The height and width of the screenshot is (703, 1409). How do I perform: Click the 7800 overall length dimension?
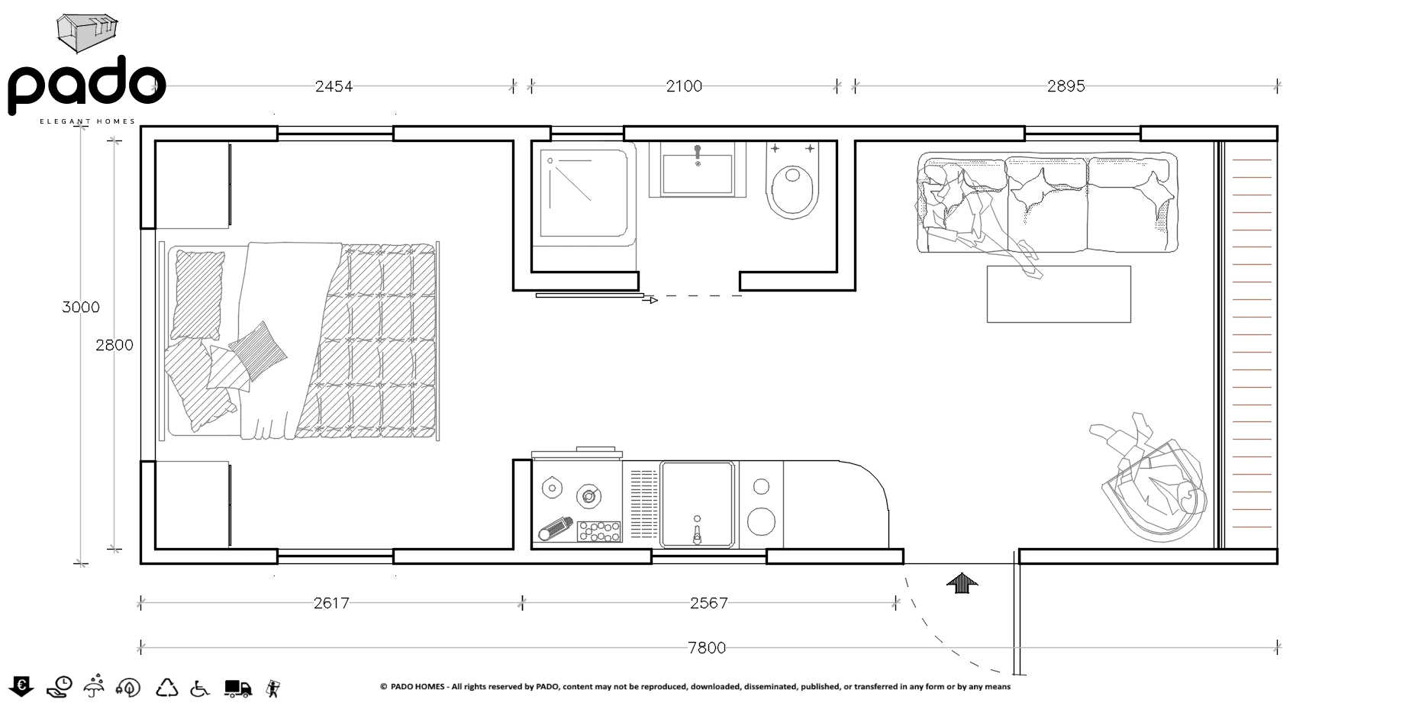click(707, 648)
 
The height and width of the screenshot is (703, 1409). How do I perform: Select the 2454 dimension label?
click(334, 86)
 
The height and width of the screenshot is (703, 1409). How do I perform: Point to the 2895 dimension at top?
click(1066, 86)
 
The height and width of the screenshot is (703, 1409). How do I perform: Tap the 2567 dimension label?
click(708, 603)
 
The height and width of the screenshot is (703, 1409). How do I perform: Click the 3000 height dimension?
click(81, 307)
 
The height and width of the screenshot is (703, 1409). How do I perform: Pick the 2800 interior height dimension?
click(114, 345)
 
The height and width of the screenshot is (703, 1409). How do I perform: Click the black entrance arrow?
click(962, 583)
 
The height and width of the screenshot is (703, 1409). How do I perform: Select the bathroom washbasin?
click(698, 169)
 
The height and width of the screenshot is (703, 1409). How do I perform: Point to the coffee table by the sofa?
click(1059, 294)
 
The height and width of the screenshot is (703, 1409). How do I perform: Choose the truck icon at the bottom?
click(238, 688)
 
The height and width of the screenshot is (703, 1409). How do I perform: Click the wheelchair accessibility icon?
click(200, 688)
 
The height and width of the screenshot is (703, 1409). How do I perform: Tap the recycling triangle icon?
click(167, 688)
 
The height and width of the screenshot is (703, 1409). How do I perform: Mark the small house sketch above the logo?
click(87, 33)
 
